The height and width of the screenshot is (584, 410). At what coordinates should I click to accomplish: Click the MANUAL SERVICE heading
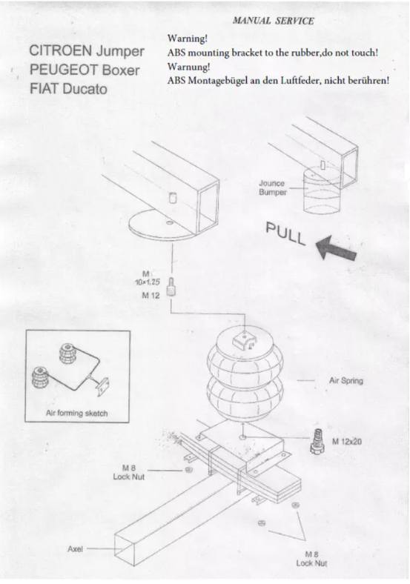pyautogui.click(x=273, y=21)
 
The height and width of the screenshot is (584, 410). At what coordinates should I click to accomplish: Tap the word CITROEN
pyautogui.click(x=60, y=50)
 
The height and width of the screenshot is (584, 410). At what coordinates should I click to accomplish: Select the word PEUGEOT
pyautogui.click(x=63, y=70)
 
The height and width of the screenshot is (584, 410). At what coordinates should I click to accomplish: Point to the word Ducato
pyautogui.click(x=85, y=89)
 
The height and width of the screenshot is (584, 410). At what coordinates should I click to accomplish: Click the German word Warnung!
pyautogui.click(x=188, y=67)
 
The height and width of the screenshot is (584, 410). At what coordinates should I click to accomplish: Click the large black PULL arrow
pyautogui.click(x=336, y=248)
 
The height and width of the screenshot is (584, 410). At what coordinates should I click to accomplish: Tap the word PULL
pyautogui.click(x=286, y=233)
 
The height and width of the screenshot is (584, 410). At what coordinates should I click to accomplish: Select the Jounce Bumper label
pyautogui.click(x=273, y=188)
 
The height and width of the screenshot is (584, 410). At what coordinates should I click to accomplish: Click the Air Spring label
pyautogui.click(x=346, y=381)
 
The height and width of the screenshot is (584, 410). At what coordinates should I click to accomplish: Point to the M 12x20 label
pyautogui.click(x=347, y=442)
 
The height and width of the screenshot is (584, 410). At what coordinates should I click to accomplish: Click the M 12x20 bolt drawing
pyautogui.click(x=317, y=442)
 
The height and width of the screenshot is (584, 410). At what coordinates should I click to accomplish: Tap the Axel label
pyautogui.click(x=75, y=549)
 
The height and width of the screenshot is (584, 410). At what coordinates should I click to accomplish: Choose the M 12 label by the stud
pyautogui.click(x=151, y=296)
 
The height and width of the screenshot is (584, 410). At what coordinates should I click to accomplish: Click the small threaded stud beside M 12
pyautogui.click(x=171, y=287)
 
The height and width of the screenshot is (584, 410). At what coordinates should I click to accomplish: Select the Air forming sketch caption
pyautogui.click(x=77, y=413)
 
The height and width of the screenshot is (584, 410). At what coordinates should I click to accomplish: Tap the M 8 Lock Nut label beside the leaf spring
pyautogui.click(x=128, y=472)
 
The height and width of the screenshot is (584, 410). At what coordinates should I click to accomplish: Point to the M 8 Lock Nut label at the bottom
pyautogui.click(x=311, y=559)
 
